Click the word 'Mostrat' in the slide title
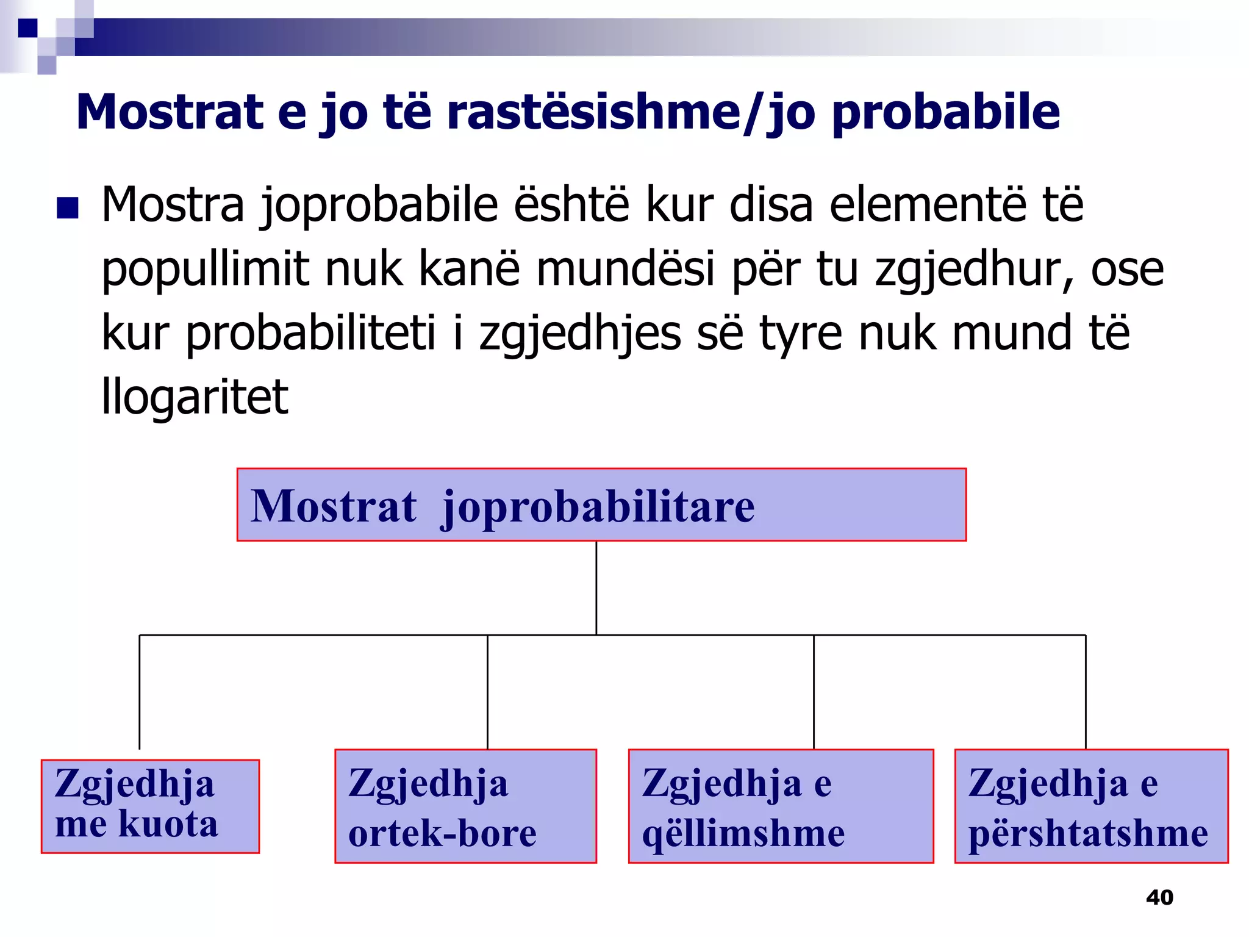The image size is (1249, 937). (x=170, y=113)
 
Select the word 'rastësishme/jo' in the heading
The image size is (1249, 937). (x=631, y=113)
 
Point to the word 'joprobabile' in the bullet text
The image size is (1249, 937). (x=379, y=206)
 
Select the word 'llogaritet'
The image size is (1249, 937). (x=195, y=397)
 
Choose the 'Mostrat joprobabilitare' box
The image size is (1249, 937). (x=601, y=504)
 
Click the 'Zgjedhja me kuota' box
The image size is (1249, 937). (x=150, y=806)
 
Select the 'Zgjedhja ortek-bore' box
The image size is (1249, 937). (x=465, y=806)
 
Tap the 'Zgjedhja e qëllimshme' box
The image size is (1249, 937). (x=781, y=806)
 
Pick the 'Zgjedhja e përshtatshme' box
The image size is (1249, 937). (x=1091, y=806)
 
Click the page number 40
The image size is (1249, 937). (x=1159, y=897)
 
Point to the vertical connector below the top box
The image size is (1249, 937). (x=596, y=587)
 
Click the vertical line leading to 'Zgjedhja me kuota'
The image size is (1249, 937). (x=140, y=692)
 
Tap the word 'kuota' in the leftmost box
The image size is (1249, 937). (x=168, y=824)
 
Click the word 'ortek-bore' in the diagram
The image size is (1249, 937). (x=442, y=833)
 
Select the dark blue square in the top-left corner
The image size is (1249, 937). (x=27, y=27)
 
